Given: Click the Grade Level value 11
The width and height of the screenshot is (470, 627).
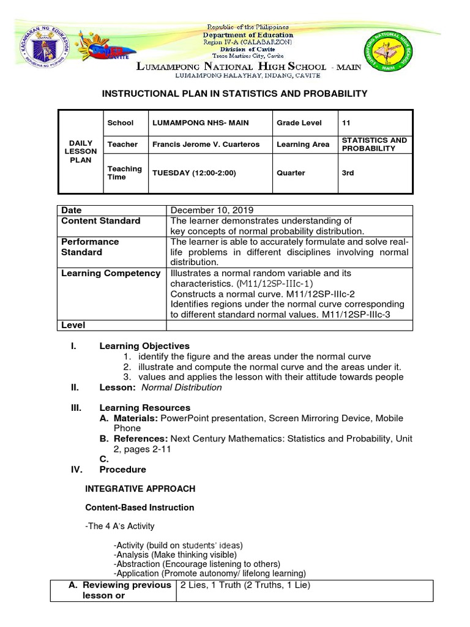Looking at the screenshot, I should [x=347, y=122].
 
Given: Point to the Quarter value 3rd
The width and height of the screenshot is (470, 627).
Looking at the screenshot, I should [x=348, y=173].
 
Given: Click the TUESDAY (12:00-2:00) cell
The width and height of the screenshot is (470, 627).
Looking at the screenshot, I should [x=194, y=173].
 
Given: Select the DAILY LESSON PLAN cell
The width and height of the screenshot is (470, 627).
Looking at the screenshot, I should [x=80, y=151].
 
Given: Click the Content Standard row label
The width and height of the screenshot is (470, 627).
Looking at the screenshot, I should [x=101, y=221].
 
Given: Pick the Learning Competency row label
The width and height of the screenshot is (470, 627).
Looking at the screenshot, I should [x=111, y=273].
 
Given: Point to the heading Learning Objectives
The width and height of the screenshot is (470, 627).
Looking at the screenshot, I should [x=144, y=346].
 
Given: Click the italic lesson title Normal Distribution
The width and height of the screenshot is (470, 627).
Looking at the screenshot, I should [x=182, y=388].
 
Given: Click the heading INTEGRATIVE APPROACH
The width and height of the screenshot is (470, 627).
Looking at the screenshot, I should [x=140, y=489].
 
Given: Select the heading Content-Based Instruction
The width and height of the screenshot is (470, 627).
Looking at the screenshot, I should [x=140, y=507].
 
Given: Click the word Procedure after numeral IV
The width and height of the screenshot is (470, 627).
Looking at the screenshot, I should [x=123, y=470].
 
